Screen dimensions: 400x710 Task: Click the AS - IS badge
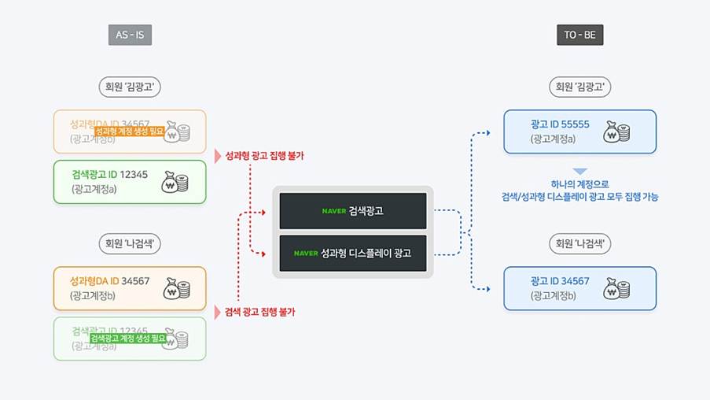pyautogui.click(x=130, y=35)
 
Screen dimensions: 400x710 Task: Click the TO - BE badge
pyautogui.click(x=580, y=35)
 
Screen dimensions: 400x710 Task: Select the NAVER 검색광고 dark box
pyautogui.click(x=353, y=211)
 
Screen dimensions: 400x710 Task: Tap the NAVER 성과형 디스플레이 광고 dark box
pyautogui.click(x=353, y=254)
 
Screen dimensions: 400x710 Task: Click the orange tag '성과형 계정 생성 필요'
pyautogui.click(x=130, y=131)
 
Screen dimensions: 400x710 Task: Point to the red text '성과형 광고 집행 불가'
pyautogui.click(x=264, y=156)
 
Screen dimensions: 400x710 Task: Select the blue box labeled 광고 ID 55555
pyautogui.click(x=580, y=131)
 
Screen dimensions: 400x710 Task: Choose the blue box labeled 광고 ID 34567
pyautogui.click(x=580, y=288)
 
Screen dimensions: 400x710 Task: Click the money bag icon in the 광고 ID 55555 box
pyautogui.click(x=617, y=131)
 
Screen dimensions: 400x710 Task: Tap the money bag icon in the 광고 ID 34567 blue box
pyautogui.click(x=617, y=289)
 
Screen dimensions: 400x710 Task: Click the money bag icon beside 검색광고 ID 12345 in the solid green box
pyautogui.click(x=175, y=182)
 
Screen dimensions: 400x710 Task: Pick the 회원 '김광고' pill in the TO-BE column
pyautogui.click(x=580, y=87)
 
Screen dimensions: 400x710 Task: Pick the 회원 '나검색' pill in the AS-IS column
pyautogui.click(x=130, y=243)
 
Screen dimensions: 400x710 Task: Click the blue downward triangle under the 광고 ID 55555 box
pyautogui.click(x=579, y=171)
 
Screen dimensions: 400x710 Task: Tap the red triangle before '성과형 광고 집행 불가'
pyautogui.click(x=218, y=156)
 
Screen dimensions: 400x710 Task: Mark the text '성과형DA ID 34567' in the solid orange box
pyautogui.click(x=109, y=281)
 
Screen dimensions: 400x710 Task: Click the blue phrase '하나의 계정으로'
pyautogui.click(x=579, y=184)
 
